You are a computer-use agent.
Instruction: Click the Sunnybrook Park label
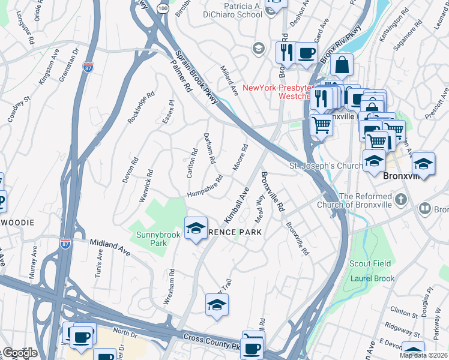[x=150, y=239]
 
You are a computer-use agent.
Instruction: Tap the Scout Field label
[x=371, y=263]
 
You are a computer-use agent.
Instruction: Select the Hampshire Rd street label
[x=205, y=186]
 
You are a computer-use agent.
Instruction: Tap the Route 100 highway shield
[x=163, y=8]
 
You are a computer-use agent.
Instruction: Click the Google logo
[x=19, y=353]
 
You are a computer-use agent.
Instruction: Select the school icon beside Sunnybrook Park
[x=196, y=228]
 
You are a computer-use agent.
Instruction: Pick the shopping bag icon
[x=341, y=64]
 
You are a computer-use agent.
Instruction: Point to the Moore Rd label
[x=240, y=157]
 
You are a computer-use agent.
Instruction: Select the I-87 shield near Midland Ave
[x=65, y=243]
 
